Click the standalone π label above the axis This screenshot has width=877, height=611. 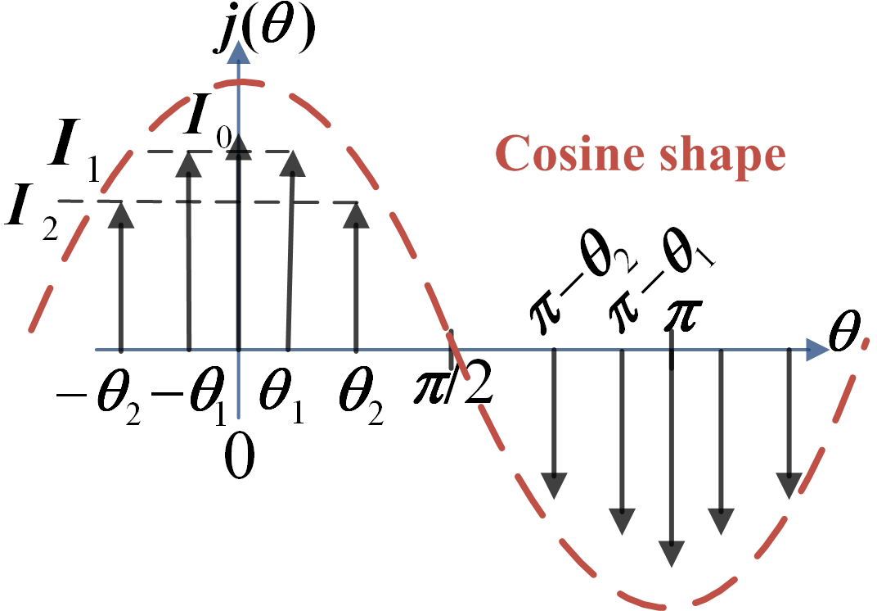[x=681, y=315]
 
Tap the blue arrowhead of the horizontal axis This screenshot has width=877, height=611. [x=817, y=350]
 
